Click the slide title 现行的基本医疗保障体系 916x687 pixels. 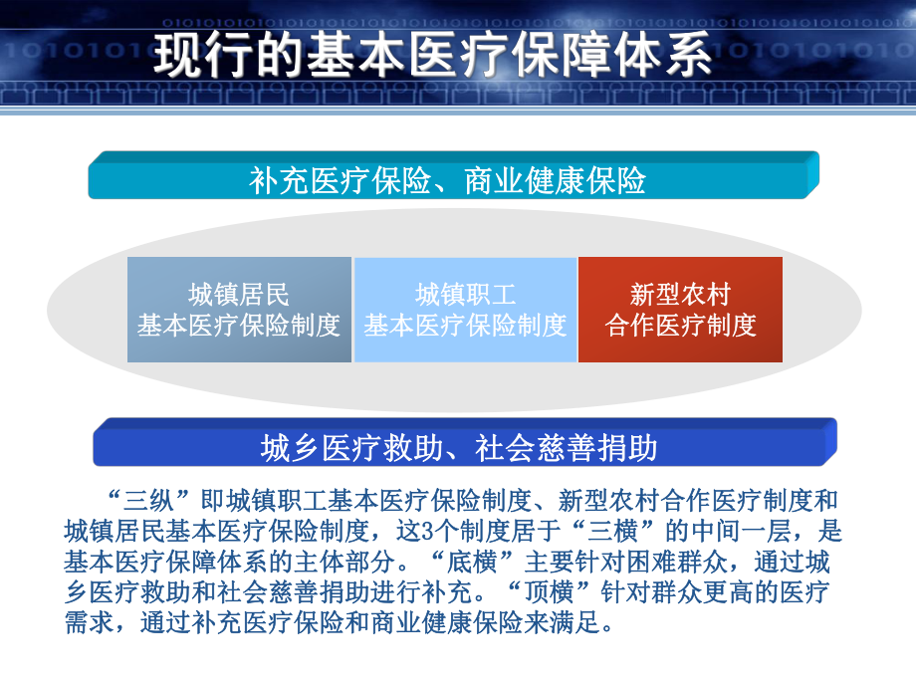[x=433, y=56]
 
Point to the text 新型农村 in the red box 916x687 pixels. [x=680, y=295]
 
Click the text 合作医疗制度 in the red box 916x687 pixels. [x=680, y=325]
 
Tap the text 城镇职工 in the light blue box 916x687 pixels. [x=465, y=295]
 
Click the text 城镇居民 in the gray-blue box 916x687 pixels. [x=239, y=295]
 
